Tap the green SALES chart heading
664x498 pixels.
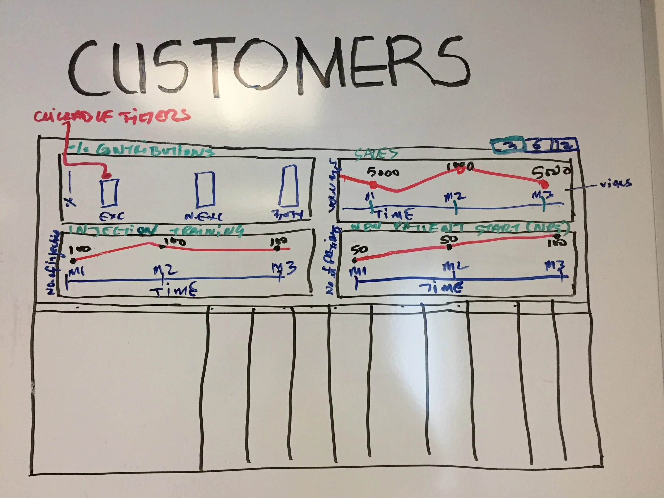click(376, 154)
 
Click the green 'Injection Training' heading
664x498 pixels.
click(156, 231)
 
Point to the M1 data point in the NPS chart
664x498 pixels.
click(355, 260)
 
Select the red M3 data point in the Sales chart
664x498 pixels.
click(544, 184)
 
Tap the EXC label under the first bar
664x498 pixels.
click(112, 216)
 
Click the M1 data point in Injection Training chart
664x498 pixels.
click(73, 261)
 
